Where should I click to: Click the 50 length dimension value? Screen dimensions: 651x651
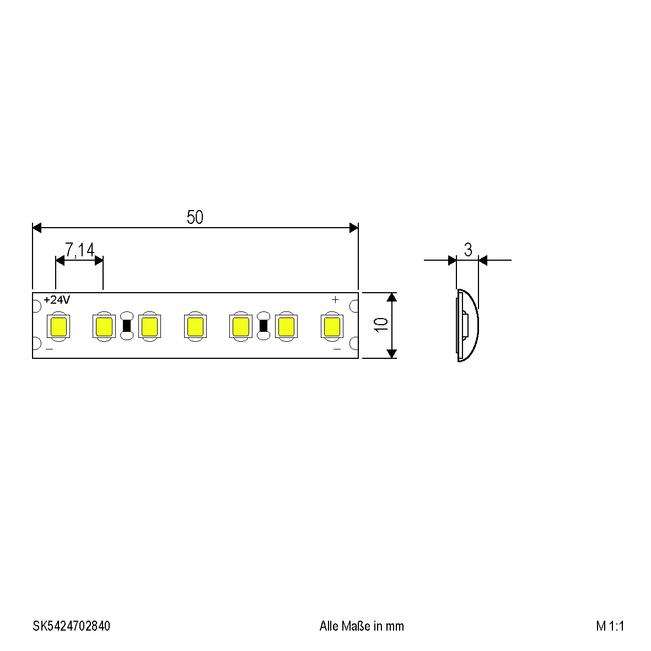pyautogui.click(x=195, y=217)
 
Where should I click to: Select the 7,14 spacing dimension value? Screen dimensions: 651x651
pyautogui.click(x=80, y=250)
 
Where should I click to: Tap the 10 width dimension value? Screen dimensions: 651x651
pyautogui.click(x=381, y=325)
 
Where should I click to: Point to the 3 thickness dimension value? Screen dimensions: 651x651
pyautogui.click(x=468, y=250)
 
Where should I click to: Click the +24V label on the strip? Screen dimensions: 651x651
pyautogui.click(x=57, y=300)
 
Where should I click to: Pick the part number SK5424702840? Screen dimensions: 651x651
pyautogui.click(x=72, y=626)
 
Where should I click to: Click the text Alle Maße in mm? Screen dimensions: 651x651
pyautogui.click(x=362, y=626)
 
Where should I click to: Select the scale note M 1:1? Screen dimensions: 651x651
pyautogui.click(x=610, y=626)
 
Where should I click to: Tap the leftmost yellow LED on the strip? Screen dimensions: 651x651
pyautogui.click(x=58, y=326)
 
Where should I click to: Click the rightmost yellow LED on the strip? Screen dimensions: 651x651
pyautogui.click(x=332, y=326)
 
